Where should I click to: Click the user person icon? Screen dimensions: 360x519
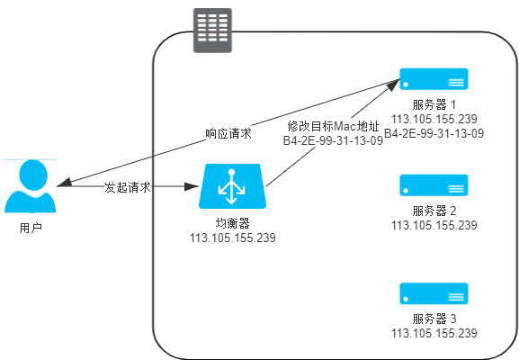[x=31, y=187]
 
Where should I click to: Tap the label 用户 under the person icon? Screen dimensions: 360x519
[x=31, y=228]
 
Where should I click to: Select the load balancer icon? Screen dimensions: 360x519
[x=232, y=186]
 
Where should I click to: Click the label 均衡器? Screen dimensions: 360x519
[x=232, y=224]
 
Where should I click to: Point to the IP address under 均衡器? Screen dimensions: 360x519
[x=232, y=238]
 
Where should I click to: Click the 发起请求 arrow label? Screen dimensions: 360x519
[x=127, y=187]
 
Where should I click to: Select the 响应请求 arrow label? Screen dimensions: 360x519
[x=228, y=133]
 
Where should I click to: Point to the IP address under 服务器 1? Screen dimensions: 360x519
[x=434, y=119]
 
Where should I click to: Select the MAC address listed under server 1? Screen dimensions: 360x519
[x=434, y=133]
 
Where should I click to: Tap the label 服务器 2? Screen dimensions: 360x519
[x=434, y=211]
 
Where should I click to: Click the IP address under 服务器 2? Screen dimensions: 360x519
[x=434, y=225]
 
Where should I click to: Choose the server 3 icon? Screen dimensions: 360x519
[x=434, y=294]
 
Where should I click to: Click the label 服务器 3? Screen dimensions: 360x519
[x=434, y=319]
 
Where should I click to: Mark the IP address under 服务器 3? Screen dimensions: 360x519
[x=434, y=333]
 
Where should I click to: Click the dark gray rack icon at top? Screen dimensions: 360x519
[x=212, y=30]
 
